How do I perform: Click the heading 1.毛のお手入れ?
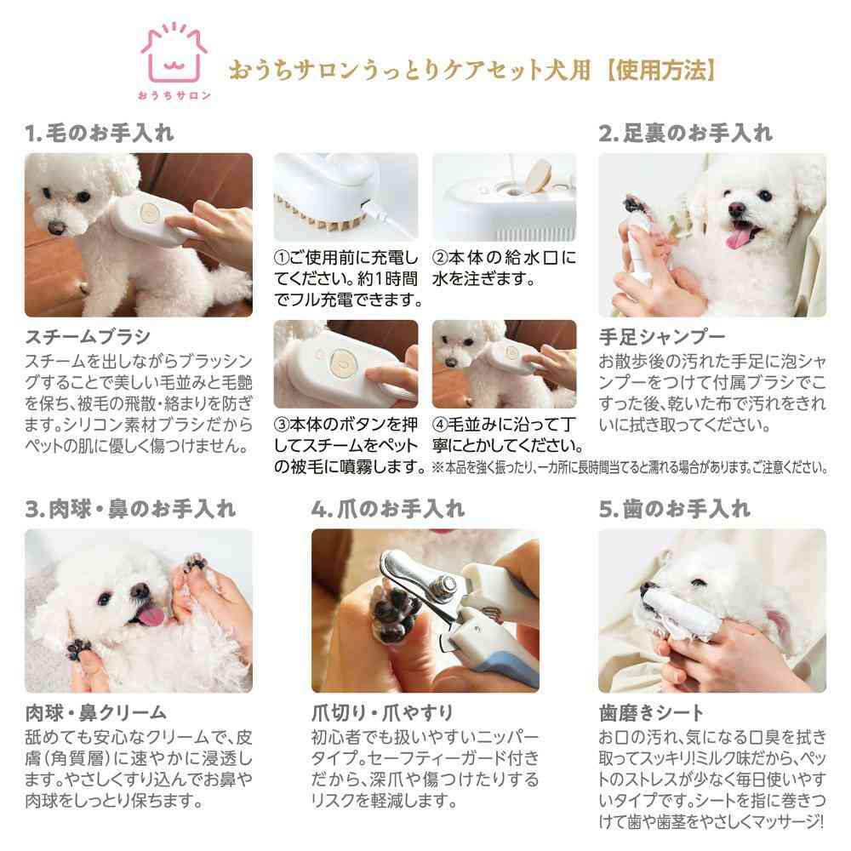[x=100, y=134]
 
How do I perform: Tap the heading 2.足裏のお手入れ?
[x=685, y=134]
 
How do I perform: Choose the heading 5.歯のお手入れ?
[x=674, y=510]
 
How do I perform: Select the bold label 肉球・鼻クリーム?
[x=95, y=712]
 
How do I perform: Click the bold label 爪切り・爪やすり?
[x=382, y=712]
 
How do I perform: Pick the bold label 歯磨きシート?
[x=651, y=712]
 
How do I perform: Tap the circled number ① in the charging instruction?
[x=281, y=257]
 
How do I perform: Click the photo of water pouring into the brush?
[x=504, y=195]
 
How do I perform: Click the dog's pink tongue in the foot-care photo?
[x=740, y=236]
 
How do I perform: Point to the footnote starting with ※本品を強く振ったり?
[x=630, y=466]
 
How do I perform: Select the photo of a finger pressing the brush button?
[x=346, y=364]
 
